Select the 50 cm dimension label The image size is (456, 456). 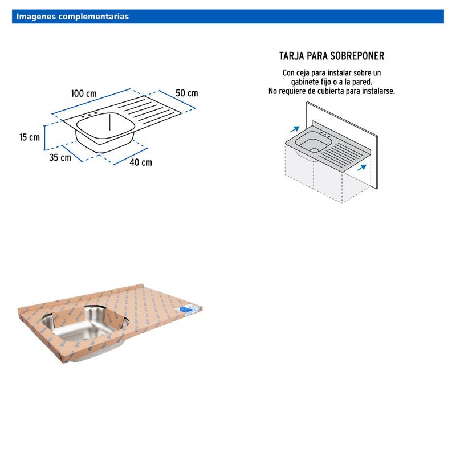click(x=186, y=93)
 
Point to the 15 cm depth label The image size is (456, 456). click(x=30, y=137)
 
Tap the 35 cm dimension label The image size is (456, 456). click(x=60, y=157)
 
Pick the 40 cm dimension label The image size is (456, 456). click(x=141, y=162)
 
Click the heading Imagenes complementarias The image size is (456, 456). click(x=72, y=17)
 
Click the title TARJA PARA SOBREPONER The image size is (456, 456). click(x=332, y=56)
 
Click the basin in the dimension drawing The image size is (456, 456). click(x=105, y=128)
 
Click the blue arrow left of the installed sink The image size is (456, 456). click(x=295, y=129)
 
